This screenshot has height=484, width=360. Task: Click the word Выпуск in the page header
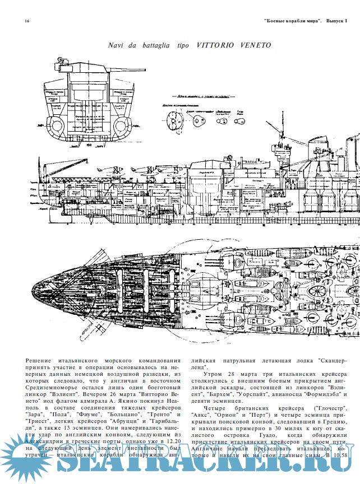click(335, 21)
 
